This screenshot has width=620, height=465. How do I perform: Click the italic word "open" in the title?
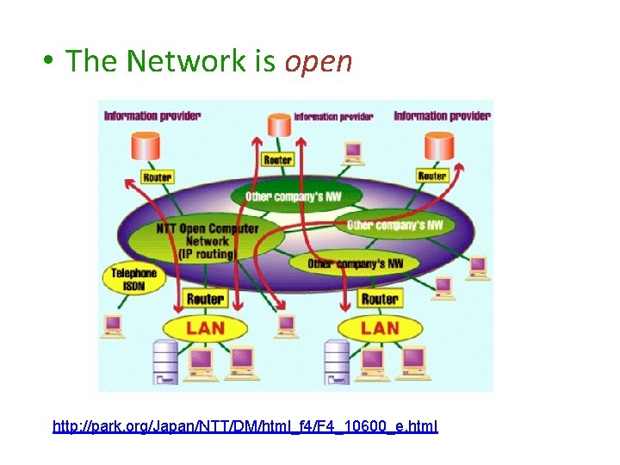tap(318, 61)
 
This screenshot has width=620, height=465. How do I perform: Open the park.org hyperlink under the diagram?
tap(245, 426)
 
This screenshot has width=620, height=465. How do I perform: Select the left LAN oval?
tap(205, 328)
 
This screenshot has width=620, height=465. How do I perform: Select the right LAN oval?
tap(380, 328)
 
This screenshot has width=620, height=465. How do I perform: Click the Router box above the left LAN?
tap(205, 300)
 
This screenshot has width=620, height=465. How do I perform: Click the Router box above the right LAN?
tap(380, 300)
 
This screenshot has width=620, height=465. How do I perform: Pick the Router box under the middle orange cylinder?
tap(277, 159)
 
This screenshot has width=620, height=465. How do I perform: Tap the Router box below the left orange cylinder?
tap(157, 177)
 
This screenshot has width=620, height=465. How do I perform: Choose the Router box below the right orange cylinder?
tap(432, 176)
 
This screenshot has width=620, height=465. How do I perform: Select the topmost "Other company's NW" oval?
tap(294, 196)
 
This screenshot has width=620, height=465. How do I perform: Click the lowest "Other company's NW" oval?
tap(356, 263)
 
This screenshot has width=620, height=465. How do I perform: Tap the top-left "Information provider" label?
tap(152, 115)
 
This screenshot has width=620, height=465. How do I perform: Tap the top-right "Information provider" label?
tap(442, 115)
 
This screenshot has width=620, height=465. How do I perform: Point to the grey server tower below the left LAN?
tap(164, 362)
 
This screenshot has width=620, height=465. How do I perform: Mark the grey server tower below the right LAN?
tap(336, 362)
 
